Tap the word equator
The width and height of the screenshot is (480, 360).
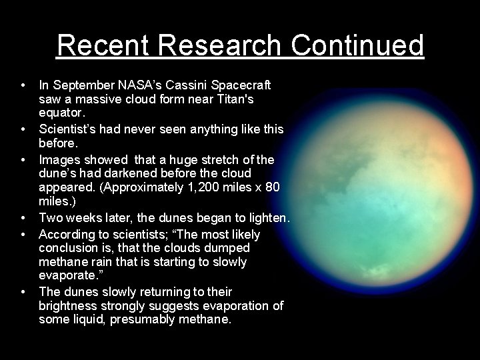61,113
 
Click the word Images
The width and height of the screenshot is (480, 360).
59,160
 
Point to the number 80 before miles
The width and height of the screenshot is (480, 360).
272,188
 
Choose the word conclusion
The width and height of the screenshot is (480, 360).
70,249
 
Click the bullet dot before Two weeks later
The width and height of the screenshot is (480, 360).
23,218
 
